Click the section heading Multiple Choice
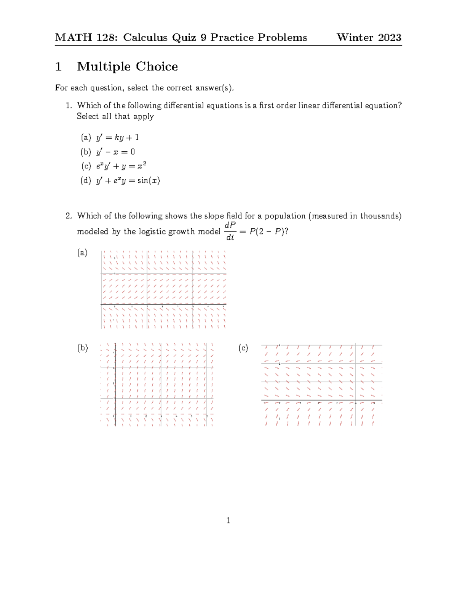(x=127, y=66)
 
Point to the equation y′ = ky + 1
(x=117, y=137)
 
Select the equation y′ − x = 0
(x=115, y=152)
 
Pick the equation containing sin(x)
(x=128, y=180)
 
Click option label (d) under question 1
(x=86, y=180)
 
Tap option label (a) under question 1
(x=86, y=137)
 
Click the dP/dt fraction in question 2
(x=230, y=231)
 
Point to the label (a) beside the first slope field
(x=82, y=252)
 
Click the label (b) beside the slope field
(x=83, y=348)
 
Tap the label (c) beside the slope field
(x=243, y=348)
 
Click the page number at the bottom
(x=228, y=520)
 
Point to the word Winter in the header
(x=355, y=37)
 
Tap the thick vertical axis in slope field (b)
(x=115, y=383)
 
